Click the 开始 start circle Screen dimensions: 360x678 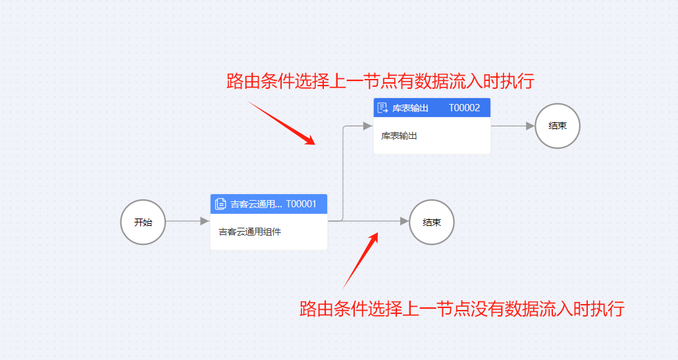point(143,222)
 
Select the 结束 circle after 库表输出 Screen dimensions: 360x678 point(558,126)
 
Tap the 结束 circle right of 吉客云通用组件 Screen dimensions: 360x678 point(432,222)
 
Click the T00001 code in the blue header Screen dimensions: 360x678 point(301,204)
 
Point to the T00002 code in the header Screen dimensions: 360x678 point(464,108)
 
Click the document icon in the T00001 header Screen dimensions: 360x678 point(221,204)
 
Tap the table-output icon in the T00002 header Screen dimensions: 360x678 point(382,108)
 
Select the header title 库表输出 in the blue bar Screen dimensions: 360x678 point(410,108)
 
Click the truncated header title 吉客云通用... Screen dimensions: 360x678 point(256,204)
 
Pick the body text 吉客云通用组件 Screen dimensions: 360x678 point(249,232)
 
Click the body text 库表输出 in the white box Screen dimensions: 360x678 point(400,136)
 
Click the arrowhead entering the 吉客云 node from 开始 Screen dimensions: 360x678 point(205,222)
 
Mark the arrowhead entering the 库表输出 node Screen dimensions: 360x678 point(368,126)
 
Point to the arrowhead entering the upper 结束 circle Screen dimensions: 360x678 point(531,126)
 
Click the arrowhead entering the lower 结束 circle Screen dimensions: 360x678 point(404,222)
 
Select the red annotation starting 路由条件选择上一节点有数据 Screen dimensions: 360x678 point(380,82)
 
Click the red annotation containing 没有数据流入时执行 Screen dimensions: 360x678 point(461,309)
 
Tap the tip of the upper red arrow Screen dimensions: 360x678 point(314,144)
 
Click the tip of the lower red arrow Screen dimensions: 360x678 point(378,232)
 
